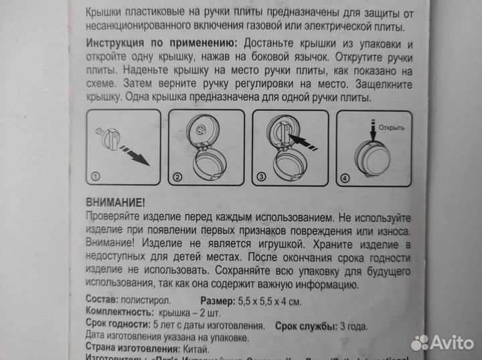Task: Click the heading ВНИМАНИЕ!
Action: pyautogui.click(x=115, y=201)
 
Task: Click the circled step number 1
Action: pyautogui.click(x=96, y=177)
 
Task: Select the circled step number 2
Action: pyautogui.click(x=178, y=177)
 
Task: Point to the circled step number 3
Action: pyautogui.click(x=260, y=177)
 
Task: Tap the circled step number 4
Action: pyautogui.click(x=344, y=178)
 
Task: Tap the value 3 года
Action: pyautogui.click(x=355, y=326)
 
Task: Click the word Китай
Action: pyautogui.click(x=195, y=349)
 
